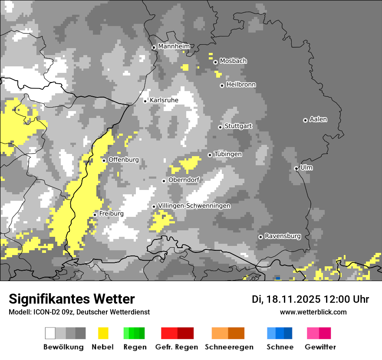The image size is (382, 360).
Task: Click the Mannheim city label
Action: click(x=174, y=46)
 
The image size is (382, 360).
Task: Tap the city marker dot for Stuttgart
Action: click(x=220, y=127)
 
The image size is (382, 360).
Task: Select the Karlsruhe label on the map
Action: click(x=164, y=100)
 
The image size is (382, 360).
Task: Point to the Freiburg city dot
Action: click(x=95, y=215)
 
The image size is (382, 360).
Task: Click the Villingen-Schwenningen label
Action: click(x=194, y=206)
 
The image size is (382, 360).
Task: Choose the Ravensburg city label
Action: click(x=283, y=236)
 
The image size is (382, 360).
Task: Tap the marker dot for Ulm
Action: click(x=296, y=169)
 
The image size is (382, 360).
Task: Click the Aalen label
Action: click(x=318, y=119)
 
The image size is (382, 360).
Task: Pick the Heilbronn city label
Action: click(x=241, y=85)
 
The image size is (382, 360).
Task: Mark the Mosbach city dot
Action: click(x=215, y=62)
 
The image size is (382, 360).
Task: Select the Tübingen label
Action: click(x=228, y=154)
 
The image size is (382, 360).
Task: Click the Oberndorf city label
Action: click(x=184, y=180)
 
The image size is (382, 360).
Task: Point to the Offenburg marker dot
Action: click(x=104, y=160)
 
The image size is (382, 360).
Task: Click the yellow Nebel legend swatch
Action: click(x=103, y=333)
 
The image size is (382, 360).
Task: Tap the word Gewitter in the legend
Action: click(x=320, y=347)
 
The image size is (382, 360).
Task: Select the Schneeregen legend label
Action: click(x=229, y=347)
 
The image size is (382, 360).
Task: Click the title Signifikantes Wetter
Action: click(x=72, y=299)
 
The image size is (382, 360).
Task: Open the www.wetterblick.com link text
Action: click(x=313, y=312)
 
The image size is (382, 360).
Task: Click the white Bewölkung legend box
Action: click(x=50, y=333)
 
